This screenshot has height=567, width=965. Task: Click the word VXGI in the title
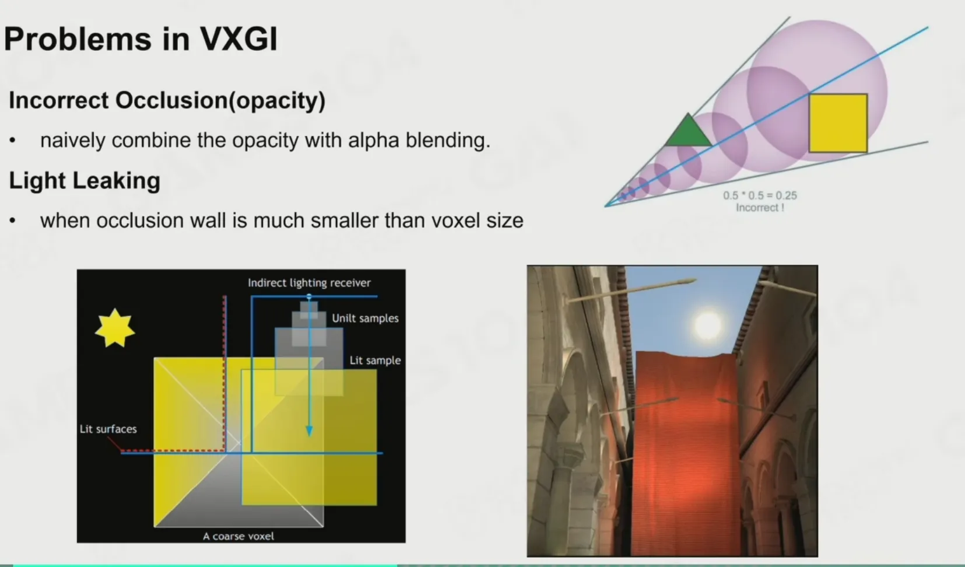[239, 39]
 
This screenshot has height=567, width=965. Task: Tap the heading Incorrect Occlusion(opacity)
[167, 101]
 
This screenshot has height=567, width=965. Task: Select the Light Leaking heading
[85, 180]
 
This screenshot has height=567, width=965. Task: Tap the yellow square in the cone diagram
[838, 123]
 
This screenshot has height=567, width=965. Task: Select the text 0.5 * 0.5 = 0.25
[760, 195]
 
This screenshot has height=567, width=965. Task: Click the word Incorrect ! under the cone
[760, 208]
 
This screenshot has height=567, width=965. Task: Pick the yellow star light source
[115, 328]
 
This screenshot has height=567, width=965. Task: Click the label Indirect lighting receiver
[309, 283]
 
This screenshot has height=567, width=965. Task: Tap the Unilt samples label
[366, 318]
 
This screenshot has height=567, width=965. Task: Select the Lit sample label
[376, 360]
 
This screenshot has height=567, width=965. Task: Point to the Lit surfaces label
[108, 429]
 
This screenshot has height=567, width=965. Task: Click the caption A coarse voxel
[238, 537]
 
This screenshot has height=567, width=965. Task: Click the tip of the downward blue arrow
[309, 436]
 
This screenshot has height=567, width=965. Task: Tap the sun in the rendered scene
[708, 325]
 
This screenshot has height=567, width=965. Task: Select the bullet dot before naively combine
[12, 141]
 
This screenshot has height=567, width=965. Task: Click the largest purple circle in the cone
[817, 90]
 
